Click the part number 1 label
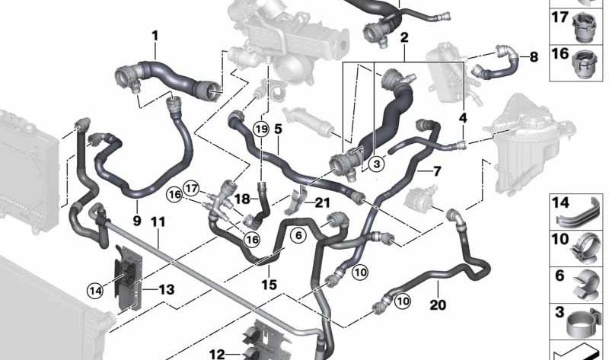point(155,36)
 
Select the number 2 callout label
point(404,37)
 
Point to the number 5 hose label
point(278,129)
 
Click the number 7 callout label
point(437,171)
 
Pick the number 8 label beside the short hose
point(533,56)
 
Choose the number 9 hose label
point(137,221)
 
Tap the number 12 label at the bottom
point(217,353)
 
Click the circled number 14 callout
point(95,289)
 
